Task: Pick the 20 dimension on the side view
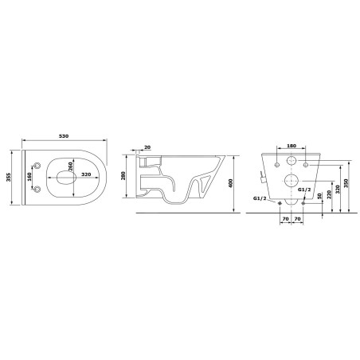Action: tap(147, 148)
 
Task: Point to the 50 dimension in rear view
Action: tap(319, 196)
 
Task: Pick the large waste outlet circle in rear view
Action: tap(291, 180)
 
